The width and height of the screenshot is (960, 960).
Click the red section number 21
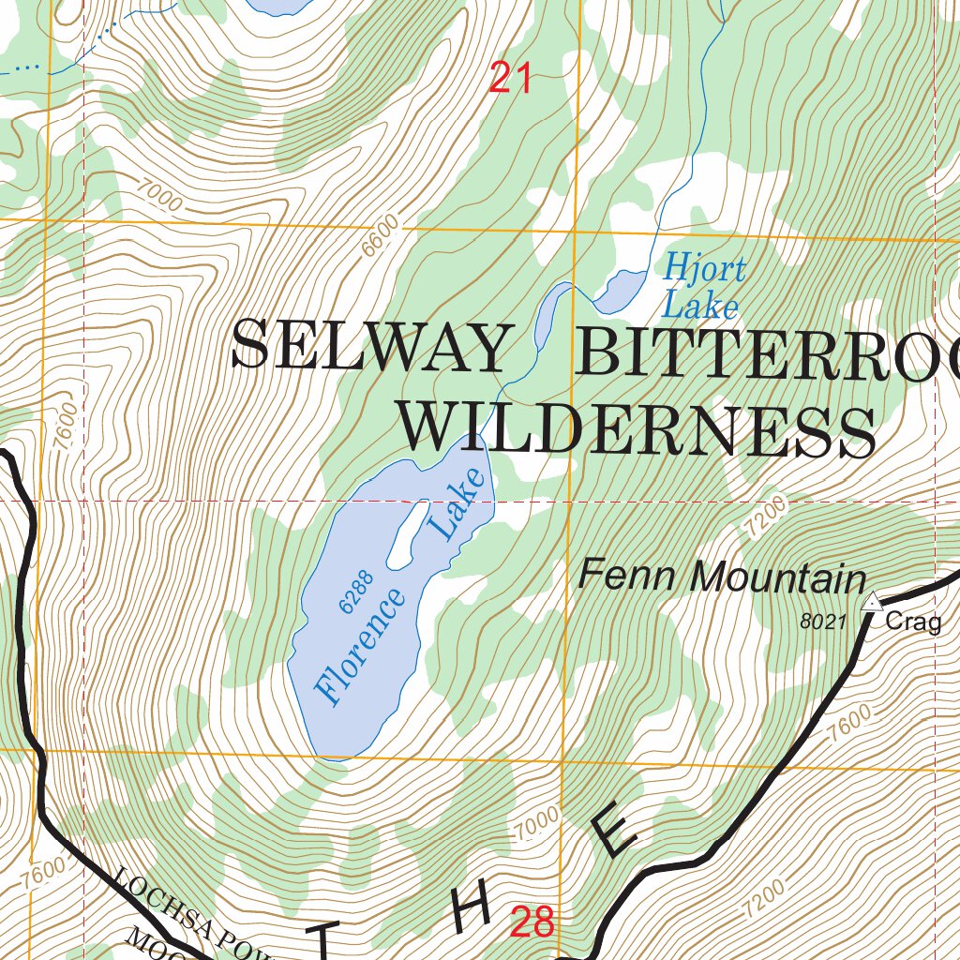click(x=511, y=79)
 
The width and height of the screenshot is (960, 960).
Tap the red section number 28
click(x=532, y=923)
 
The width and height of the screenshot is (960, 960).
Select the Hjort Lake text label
click(x=703, y=288)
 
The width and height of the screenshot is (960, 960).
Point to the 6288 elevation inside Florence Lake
click(x=357, y=592)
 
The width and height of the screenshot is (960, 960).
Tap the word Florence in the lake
click(x=361, y=647)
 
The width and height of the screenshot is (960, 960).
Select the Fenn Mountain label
click(x=721, y=576)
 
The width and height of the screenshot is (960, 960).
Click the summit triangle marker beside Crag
click(x=873, y=602)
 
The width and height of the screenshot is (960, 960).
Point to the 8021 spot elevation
click(x=823, y=621)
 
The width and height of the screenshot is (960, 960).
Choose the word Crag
click(x=913, y=622)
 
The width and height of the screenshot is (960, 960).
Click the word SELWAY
click(x=370, y=348)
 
